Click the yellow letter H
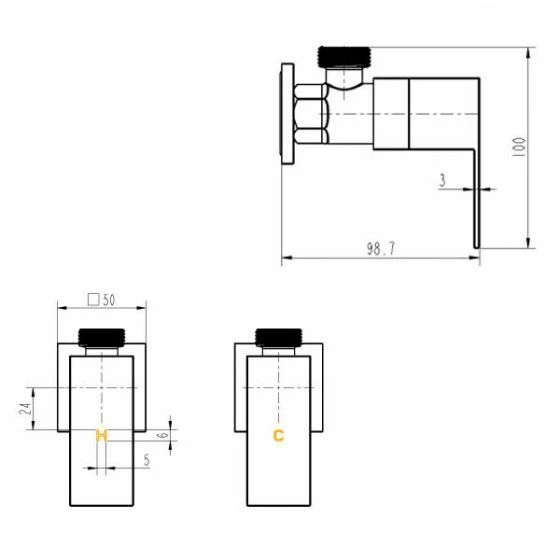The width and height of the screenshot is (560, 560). pyautogui.click(x=102, y=436)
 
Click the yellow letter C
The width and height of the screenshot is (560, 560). pyautogui.click(x=278, y=436)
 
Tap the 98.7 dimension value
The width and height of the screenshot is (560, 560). pyautogui.click(x=381, y=249)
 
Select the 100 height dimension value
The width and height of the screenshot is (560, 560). pyautogui.click(x=519, y=146)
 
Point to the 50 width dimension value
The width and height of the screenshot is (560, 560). pyautogui.click(x=109, y=300)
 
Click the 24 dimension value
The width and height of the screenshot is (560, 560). pyautogui.click(x=25, y=409)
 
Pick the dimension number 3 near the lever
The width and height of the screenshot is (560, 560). pyautogui.click(x=443, y=180)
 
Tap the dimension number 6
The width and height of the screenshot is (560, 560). pyautogui.click(x=163, y=435)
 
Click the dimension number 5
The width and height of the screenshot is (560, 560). pyautogui.click(x=147, y=460)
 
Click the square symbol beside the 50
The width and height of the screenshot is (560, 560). pyautogui.click(x=94, y=300)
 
